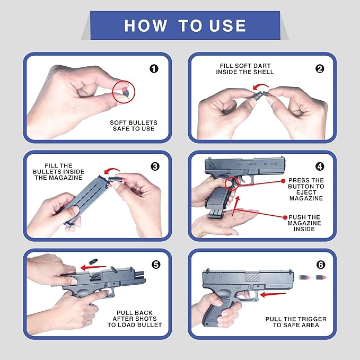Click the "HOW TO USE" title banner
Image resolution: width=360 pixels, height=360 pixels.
coord(185,25)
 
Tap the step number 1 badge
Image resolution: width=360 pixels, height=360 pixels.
coord(154,68)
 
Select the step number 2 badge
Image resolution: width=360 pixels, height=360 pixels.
coord(320,68)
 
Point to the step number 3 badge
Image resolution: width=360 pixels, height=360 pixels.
coord(155,166)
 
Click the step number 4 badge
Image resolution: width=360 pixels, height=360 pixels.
coord(320,166)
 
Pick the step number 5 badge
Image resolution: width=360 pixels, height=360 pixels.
coord(156,265)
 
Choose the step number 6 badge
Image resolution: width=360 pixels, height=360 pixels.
coord(321,265)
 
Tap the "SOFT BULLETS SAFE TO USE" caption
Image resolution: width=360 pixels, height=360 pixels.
coord(134,126)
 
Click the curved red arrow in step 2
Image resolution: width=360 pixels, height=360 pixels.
coord(260,85)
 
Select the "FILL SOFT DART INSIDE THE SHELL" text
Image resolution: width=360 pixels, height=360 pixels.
coord(245,69)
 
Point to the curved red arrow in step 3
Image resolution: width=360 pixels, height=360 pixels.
coord(112,169)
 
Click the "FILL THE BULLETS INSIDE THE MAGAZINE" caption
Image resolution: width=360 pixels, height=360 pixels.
coord(58,171)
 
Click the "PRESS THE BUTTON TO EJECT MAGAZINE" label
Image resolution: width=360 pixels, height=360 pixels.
coord(306,189)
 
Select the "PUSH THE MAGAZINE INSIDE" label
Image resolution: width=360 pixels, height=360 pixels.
coord(304,223)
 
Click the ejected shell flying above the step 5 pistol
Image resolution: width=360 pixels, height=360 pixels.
coord(93,261)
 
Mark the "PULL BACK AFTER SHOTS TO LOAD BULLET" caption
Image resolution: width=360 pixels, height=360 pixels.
coord(135,319)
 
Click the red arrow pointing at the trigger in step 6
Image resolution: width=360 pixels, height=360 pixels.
coord(273,294)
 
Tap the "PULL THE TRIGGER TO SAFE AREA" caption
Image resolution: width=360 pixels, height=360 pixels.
coord(296,322)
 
